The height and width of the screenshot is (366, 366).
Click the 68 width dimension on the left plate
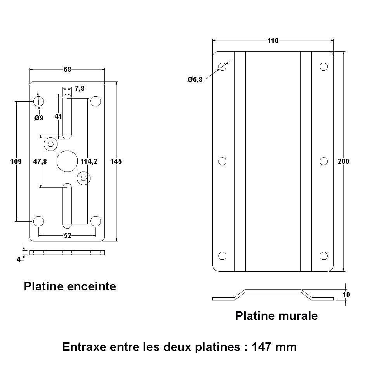pos(67,69)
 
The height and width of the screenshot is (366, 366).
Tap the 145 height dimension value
pos(116,161)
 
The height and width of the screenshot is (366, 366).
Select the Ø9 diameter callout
pos(39,118)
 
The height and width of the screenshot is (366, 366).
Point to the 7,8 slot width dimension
pos(80,89)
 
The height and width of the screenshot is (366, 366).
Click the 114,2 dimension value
pos(89,161)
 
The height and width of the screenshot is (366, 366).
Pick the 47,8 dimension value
pos(40,161)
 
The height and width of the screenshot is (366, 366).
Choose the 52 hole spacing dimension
pos(68,236)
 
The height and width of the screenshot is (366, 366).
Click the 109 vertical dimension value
pos(16,161)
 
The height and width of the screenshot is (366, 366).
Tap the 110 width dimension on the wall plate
pos(273,41)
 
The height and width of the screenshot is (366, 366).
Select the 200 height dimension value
pos(343,161)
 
